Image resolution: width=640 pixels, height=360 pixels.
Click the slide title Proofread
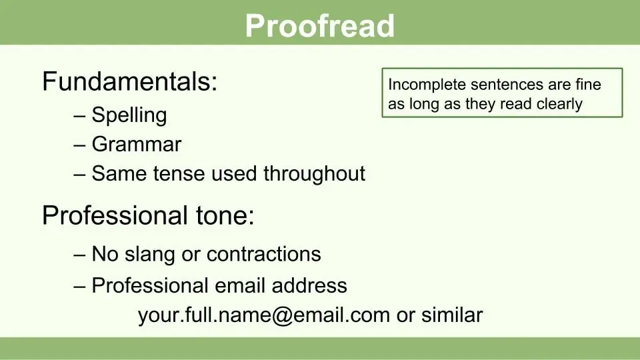pos(319,26)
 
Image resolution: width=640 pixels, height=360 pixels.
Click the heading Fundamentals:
pos(130,81)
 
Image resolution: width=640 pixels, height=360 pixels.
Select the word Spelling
pos(129,115)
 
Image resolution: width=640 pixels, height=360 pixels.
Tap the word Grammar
pos(136,144)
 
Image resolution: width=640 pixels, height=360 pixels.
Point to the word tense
pos(178,173)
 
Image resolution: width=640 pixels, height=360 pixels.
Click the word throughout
pos(314,174)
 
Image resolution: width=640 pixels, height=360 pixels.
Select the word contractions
pos(264,254)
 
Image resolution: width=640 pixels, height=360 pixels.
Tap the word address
pos(309,285)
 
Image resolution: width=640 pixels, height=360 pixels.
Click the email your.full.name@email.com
pos(264,315)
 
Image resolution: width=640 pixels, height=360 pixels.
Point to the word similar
pos(452,315)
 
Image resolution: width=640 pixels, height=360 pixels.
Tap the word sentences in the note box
pos(507,85)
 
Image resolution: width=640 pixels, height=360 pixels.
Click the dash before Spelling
pos(79,116)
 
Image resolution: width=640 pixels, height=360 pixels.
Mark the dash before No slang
pos(79,255)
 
